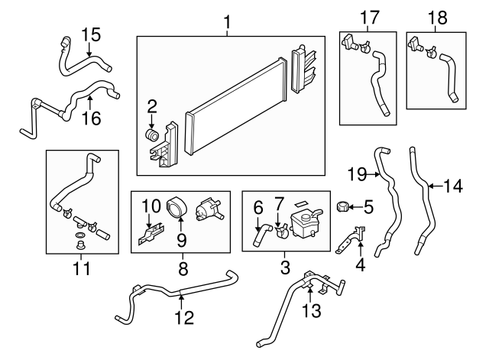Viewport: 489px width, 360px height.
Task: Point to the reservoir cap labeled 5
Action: [x=344, y=206]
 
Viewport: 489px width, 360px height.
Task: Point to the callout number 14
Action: [x=453, y=184]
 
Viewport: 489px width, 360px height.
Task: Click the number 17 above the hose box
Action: [x=369, y=15]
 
